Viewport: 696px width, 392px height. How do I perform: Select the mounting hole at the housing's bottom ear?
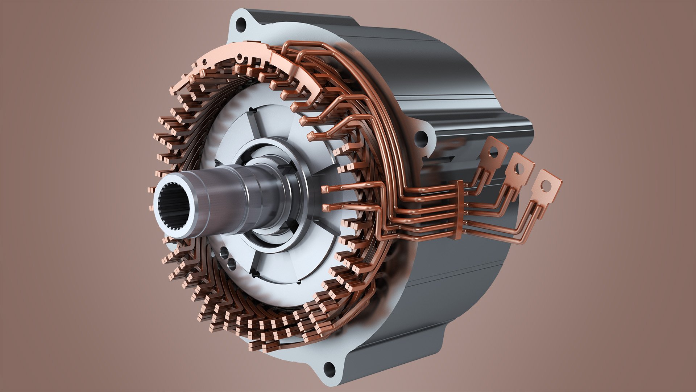(x=329, y=367)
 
